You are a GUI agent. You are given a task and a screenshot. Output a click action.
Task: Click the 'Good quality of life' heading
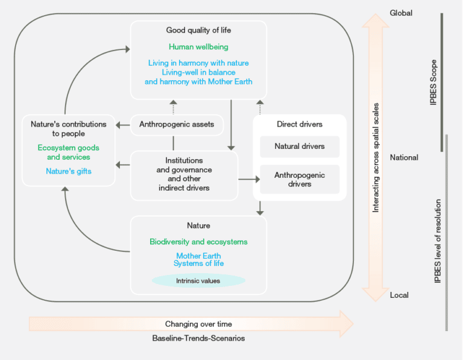tap(198, 30)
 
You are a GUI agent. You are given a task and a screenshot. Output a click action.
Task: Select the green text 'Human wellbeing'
tap(198, 46)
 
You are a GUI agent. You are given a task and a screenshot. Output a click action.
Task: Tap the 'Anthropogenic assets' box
tap(173, 125)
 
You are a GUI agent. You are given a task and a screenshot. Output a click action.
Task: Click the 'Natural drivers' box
tap(299, 147)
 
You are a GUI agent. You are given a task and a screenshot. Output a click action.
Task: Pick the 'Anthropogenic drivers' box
tap(299, 179)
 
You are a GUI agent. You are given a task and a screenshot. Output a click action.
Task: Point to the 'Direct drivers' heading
tap(299, 125)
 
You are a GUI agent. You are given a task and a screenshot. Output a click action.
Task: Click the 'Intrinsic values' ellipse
tap(198, 280)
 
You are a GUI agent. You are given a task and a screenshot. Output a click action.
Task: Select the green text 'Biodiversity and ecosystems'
tap(198, 242)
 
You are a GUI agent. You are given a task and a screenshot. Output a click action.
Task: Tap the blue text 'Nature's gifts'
tap(68, 172)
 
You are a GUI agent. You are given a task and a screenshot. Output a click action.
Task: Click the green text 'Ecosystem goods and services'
tap(68, 153)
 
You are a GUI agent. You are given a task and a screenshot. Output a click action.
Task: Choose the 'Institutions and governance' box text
tap(184, 174)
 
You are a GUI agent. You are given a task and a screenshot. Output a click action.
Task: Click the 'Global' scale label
tap(401, 13)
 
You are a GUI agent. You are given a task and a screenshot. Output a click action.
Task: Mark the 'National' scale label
tap(404, 158)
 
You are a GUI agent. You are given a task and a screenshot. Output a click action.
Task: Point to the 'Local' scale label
tap(399, 295)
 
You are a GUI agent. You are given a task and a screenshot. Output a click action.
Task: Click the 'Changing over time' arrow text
tap(198, 324)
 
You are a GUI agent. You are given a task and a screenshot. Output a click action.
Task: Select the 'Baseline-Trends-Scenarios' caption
tap(198, 339)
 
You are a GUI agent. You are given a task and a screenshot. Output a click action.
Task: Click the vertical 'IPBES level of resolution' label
tap(438, 241)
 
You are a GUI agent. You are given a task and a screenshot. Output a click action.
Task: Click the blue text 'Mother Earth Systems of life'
tap(198, 260)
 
